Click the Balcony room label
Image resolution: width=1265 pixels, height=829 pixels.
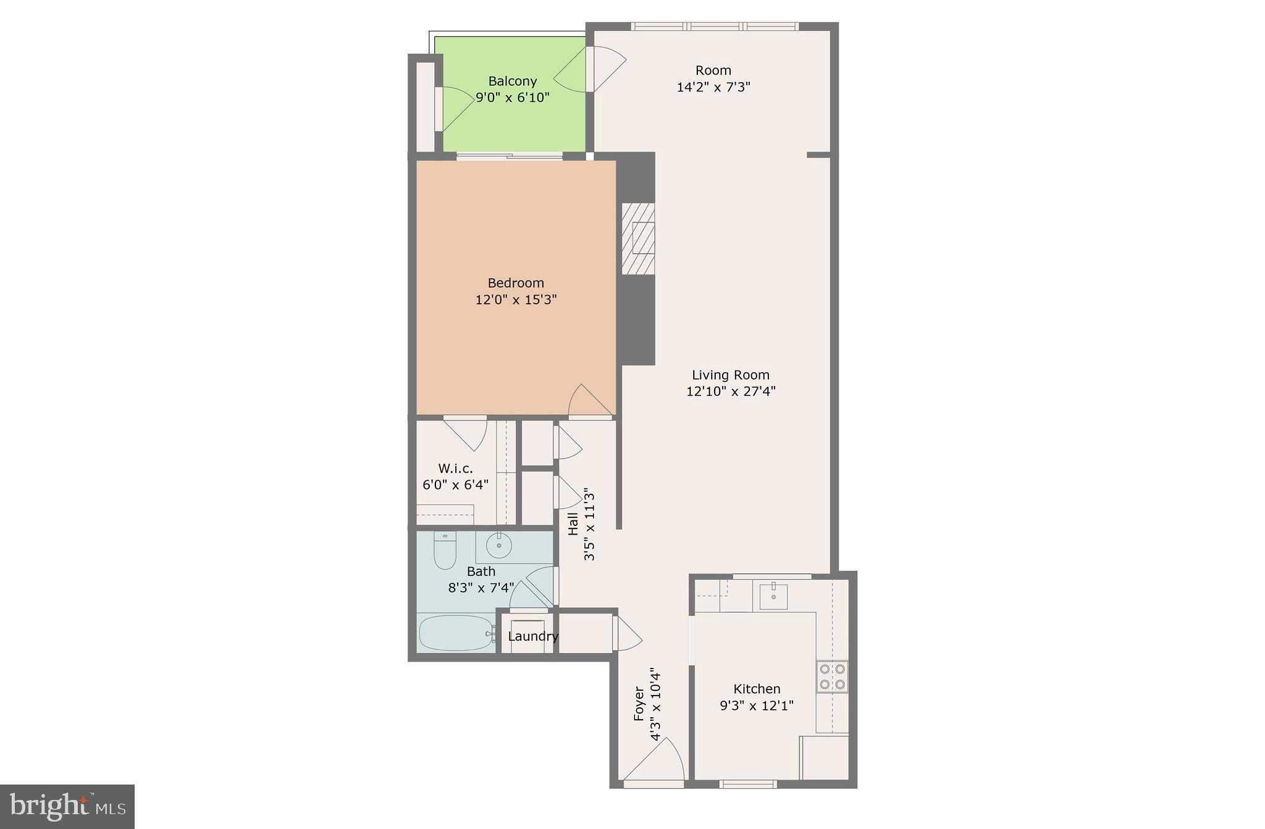coord(512,81)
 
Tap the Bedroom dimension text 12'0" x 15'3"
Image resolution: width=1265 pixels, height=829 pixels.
coord(516,300)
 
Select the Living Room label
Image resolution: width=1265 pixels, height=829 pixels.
coord(730,375)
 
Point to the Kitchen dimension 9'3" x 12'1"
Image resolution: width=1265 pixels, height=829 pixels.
coord(757,705)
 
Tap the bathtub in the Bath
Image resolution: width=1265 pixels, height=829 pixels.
coord(456,633)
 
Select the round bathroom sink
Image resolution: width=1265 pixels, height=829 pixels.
coord(499,546)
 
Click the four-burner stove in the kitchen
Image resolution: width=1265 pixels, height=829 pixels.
coord(831,677)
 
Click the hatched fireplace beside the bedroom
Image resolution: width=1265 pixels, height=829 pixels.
coord(638,238)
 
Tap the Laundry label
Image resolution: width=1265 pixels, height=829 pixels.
coord(532,636)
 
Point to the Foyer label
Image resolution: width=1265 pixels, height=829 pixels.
coord(639,704)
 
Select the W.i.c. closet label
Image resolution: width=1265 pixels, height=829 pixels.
coord(455,469)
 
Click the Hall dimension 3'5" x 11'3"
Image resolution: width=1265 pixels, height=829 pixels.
coord(589,525)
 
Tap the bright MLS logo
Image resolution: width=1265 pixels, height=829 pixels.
coord(67,806)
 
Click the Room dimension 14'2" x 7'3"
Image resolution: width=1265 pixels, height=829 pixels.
coord(713,87)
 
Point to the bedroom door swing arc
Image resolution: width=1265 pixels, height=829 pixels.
coord(589,402)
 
